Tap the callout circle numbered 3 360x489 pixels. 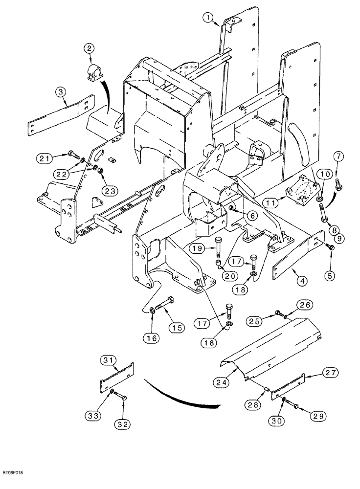pos(60,91)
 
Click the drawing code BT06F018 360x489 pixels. pos(13,473)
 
